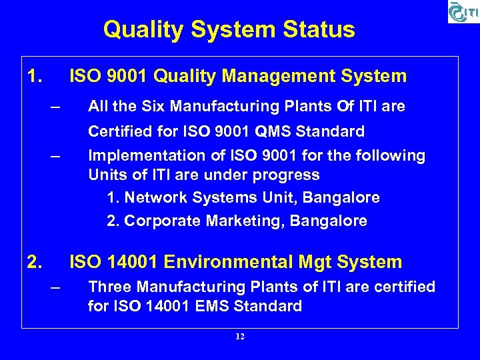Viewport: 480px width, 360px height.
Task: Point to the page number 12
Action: (240, 337)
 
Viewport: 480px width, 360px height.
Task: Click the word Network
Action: (155, 198)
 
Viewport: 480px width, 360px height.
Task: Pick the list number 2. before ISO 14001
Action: (34, 262)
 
